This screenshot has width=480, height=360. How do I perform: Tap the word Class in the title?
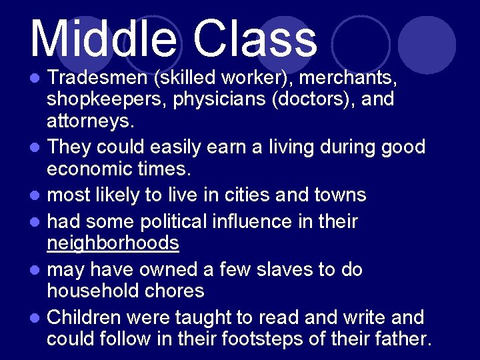tap(255, 38)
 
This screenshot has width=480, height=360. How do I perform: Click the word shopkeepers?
tap(101, 100)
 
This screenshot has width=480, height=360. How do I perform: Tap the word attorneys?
tap(87, 121)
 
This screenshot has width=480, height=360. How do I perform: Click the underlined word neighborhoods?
tap(113, 243)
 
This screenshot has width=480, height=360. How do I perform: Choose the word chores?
tap(180, 291)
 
